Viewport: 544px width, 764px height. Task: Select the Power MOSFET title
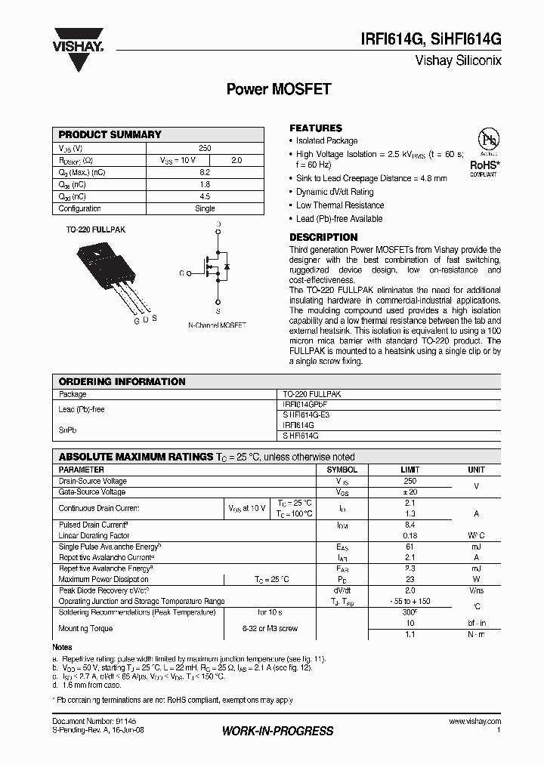279,89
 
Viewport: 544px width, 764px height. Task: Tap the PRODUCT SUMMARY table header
110,134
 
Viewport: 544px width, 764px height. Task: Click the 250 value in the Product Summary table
205,148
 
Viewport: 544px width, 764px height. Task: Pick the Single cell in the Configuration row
205,208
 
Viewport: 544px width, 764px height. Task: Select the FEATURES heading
316,128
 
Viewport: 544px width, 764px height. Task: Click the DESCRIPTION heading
323,237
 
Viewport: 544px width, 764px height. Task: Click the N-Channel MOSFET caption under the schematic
217,325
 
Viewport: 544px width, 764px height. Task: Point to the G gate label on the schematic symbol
181,273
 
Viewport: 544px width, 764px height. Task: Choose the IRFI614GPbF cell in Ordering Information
304,405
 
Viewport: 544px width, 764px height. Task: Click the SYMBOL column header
342,470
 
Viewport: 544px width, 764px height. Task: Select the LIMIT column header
410,470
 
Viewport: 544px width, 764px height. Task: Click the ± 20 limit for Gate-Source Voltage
410,492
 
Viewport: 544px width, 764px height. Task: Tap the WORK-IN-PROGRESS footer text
278,731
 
